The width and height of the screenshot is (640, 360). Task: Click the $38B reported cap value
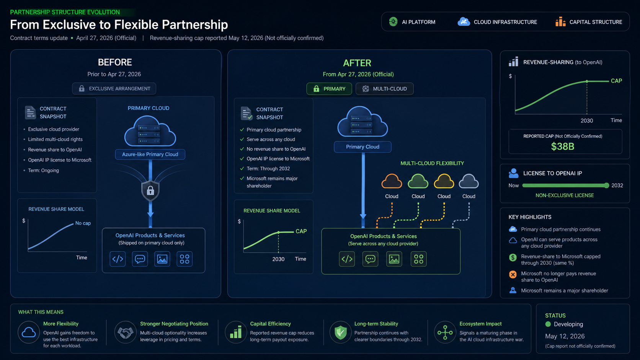pyautogui.click(x=562, y=147)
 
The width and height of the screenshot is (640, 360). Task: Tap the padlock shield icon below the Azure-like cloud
pyautogui.click(x=150, y=191)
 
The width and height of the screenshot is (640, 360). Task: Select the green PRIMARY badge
pyautogui.click(x=329, y=89)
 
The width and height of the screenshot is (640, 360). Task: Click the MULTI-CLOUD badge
pyautogui.click(x=385, y=89)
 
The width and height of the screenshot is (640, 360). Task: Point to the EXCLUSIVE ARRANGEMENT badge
pyautogui.click(x=114, y=88)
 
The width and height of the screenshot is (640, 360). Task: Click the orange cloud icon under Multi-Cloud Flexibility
pyautogui.click(x=392, y=181)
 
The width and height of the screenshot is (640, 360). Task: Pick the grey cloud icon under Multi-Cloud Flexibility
pyautogui.click(x=469, y=181)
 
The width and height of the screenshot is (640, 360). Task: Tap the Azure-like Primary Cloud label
pyautogui.click(x=150, y=155)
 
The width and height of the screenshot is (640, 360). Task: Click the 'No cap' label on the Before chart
pyautogui.click(x=83, y=223)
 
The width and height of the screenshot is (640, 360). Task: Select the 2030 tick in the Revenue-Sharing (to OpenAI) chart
pyautogui.click(x=586, y=121)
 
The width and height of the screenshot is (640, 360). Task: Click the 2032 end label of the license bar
pyautogui.click(x=617, y=186)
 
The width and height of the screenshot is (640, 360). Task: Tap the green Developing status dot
pyautogui.click(x=548, y=324)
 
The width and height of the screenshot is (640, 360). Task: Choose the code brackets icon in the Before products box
pyautogui.click(x=118, y=259)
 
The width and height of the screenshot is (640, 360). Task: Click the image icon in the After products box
pyautogui.click(x=394, y=259)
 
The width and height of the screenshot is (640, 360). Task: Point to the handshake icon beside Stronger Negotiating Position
pyautogui.click(x=125, y=332)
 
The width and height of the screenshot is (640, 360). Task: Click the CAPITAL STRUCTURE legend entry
pyautogui.click(x=589, y=22)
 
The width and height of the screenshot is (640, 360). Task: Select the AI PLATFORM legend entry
pyautogui.click(x=412, y=22)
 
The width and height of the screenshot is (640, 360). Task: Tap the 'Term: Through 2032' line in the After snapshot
pyautogui.click(x=268, y=169)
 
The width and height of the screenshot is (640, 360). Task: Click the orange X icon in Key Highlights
pyautogui.click(x=513, y=275)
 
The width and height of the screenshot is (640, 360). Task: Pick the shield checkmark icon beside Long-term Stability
pyautogui.click(x=340, y=332)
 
